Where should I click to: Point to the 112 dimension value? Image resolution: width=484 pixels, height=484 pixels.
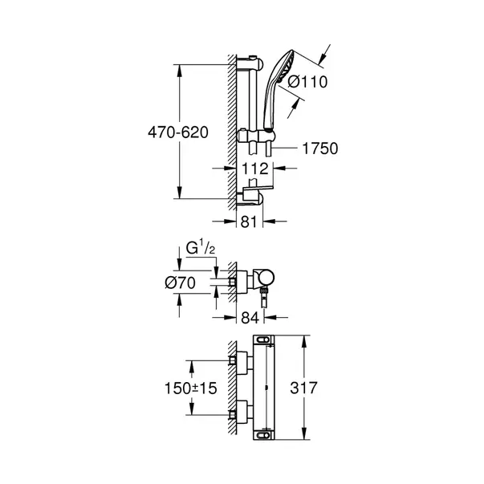(254, 169)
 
